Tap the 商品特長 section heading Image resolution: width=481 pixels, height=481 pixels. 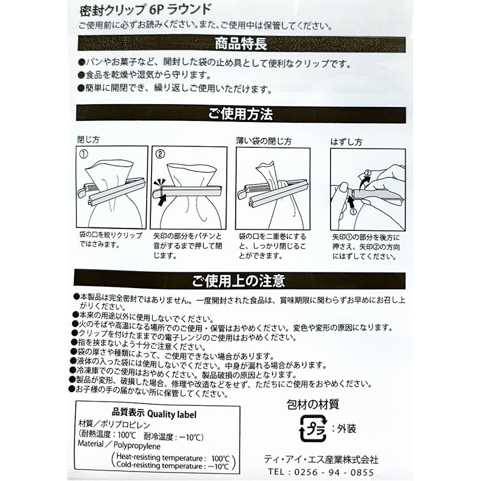tap(240, 44)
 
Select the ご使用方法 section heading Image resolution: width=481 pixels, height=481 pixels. tap(240, 114)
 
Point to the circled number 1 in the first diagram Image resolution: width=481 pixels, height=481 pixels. tap(84, 154)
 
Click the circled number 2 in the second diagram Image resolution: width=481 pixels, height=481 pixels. tap(160, 154)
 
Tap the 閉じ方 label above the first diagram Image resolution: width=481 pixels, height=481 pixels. tap(88, 140)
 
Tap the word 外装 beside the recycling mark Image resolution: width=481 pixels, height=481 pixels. tap(346, 429)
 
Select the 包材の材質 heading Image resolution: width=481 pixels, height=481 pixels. tap(313, 405)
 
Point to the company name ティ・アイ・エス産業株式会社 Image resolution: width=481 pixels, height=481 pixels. tap(322, 459)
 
